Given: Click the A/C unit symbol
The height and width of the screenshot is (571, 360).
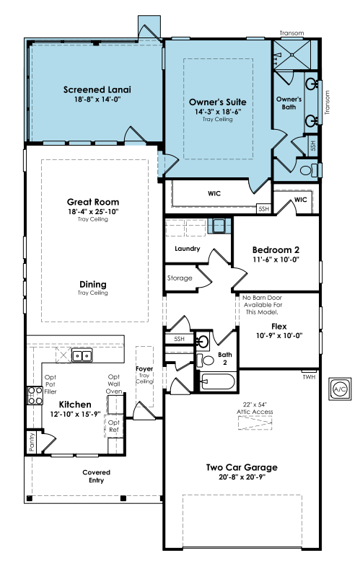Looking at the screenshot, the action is coord(340,389).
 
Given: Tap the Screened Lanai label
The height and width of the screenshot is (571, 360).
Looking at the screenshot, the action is coord(97,89).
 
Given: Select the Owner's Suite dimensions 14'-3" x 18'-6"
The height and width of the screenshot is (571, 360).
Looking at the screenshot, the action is coord(218,112).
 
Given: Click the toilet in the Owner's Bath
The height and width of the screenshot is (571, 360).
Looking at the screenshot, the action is coord(308,169).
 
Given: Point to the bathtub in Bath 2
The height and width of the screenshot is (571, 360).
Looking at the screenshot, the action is coord(218,381).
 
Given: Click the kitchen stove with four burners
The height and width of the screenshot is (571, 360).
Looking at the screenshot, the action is coord(35,396).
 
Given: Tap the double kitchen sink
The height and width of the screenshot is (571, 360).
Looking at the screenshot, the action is coord(82,355).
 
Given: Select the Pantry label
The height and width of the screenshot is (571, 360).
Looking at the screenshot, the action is coord(32,442).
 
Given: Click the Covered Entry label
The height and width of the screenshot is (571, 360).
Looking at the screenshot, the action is coord(96,477).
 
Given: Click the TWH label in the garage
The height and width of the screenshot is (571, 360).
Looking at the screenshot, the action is coord(309,377).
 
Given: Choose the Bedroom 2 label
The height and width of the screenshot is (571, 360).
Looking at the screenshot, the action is coord(276,249).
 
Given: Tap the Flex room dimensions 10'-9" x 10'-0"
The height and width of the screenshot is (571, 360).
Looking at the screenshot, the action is coord(279,336).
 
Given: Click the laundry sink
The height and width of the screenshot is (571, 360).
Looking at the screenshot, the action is coord(219,226).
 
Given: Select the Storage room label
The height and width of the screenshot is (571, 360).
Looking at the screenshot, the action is coord(180,278).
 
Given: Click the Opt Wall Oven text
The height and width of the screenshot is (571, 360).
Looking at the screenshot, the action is coord(114,384).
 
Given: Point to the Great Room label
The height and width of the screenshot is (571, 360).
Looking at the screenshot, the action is coord(93,202).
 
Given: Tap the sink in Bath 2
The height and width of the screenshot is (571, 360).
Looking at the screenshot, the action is coord(203,342).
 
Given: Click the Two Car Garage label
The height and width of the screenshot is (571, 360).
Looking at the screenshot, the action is coord(242,467).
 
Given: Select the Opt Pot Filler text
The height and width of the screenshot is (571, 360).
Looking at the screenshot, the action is coord(51,384).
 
